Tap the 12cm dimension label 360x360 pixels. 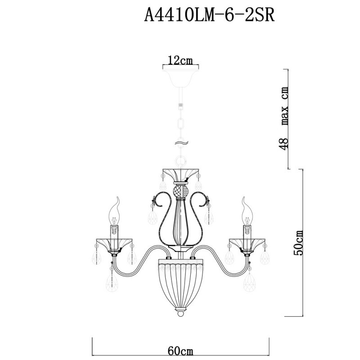(180, 60)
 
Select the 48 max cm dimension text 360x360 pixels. (284, 118)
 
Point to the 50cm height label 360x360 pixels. (299, 243)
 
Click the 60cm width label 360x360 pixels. (180, 351)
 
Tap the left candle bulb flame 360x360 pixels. (114, 211)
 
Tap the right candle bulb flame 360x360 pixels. (247, 211)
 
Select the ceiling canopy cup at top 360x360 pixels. (181, 78)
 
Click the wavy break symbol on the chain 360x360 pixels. (181, 143)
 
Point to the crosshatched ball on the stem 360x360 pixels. (180, 191)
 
